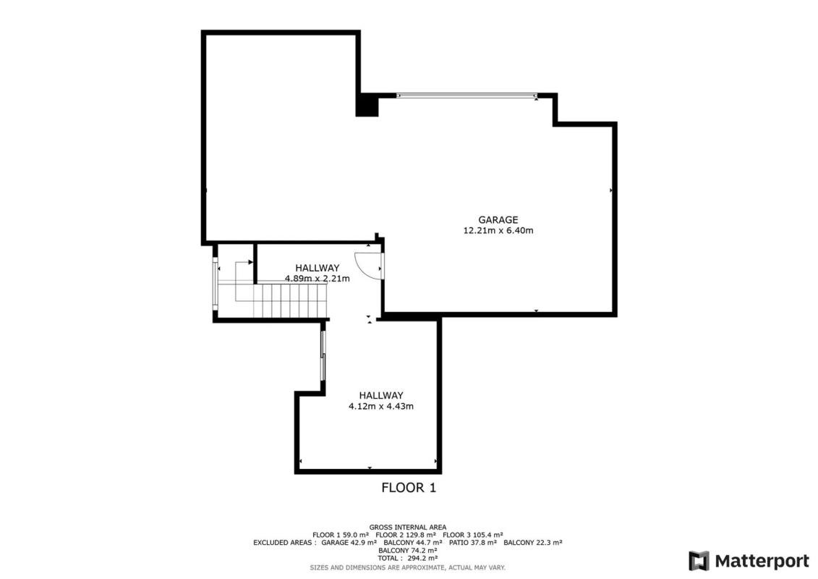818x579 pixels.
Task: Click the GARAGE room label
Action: click(x=498, y=220)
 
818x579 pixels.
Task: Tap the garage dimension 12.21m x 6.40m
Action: click(x=498, y=230)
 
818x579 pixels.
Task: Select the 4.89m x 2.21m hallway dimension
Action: click(x=318, y=278)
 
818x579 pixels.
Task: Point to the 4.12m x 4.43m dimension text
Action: click(x=381, y=406)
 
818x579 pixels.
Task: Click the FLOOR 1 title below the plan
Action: click(x=409, y=488)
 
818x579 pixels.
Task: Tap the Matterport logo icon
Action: click(x=699, y=561)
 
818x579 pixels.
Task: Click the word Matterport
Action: click(x=762, y=561)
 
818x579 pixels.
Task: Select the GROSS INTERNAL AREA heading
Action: click(x=408, y=528)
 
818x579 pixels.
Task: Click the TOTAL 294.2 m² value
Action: click(x=408, y=558)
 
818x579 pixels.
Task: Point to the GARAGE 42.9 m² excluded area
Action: click(x=349, y=543)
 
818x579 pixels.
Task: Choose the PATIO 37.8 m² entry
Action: click(x=472, y=543)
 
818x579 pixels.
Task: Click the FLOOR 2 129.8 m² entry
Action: click(x=406, y=535)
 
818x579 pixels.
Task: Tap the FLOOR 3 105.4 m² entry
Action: click(x=472, y=535)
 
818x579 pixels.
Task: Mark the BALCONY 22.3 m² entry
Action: click(x=532, y=543)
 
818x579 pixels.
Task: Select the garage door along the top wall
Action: click(x=467, y=96)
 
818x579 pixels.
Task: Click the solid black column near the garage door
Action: click(x=367, y=104)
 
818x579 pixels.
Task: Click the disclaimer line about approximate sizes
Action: click(x=408, y=567)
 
